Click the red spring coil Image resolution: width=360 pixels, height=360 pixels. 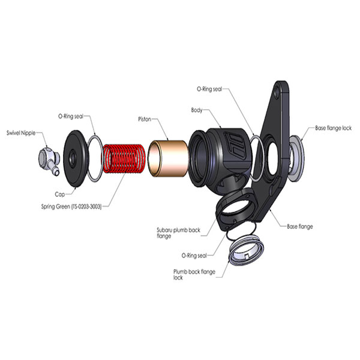tap(124, 158)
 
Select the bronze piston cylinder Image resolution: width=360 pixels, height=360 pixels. tap(168, 158)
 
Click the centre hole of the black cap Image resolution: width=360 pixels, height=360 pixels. tap(73, 158)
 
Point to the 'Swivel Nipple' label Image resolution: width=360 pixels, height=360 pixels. tap(21, 133)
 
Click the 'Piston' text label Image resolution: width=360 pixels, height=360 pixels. tap(145, 119)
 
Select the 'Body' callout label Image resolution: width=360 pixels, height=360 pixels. tap(197, 110)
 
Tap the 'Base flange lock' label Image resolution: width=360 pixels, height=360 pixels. tap(333, 128)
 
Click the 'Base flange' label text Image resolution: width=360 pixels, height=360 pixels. tap(300, 226)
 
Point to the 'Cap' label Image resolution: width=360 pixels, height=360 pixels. tap(59, 194)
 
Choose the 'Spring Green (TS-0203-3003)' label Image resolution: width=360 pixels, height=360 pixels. tap(71, 206)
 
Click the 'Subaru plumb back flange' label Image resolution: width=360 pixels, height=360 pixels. tap(178, 233)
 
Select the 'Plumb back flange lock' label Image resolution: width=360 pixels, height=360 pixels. tap(194, 275)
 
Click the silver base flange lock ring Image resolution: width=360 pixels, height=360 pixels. tap(296, 158)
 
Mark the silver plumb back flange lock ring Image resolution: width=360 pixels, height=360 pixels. tap(245, 250)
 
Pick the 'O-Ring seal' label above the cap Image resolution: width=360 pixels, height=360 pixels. tap(71, 116)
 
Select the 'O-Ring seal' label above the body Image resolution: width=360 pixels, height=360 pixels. tap(209, 89)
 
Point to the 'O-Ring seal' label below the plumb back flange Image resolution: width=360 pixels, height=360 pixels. tap(194, 256)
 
